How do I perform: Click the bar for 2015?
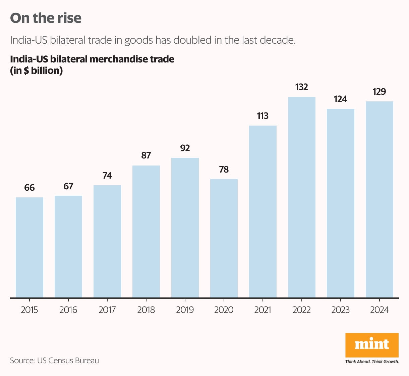coord(30,247)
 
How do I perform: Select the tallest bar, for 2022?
coord(302,197)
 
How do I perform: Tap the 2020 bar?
coord(224,238)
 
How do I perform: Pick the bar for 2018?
coord(146,231)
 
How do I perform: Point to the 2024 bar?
coord(379,199)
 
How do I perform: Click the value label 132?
coord(302,87)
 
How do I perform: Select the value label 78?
coord(224,170)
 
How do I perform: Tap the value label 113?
coord(263,116)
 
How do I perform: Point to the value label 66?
coord(30,188)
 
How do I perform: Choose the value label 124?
coord(341,99)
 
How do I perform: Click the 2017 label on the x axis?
coord(107,310)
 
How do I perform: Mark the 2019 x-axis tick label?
coord(185,310)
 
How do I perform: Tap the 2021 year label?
coord(263,310)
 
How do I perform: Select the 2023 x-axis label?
coord(341,310)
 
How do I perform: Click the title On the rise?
coord(46,18)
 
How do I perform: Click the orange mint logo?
coord(372,345)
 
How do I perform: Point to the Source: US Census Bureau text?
coord(55,361)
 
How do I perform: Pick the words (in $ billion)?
coord(37,71)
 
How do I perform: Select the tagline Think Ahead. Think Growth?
coord(372,362)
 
